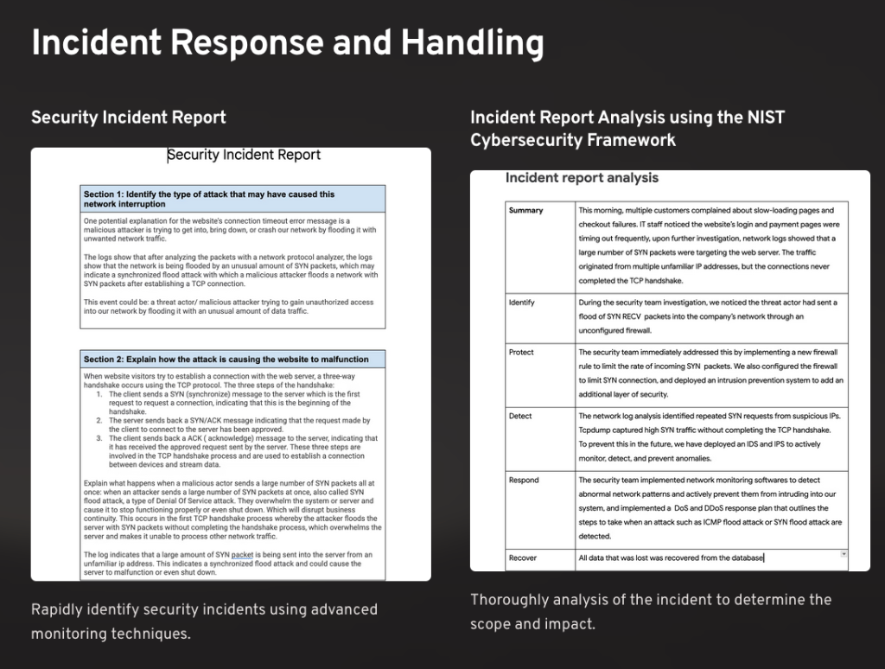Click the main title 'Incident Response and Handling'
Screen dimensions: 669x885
287,43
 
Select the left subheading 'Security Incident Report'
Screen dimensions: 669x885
128,118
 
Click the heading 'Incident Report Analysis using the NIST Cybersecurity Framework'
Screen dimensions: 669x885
627,128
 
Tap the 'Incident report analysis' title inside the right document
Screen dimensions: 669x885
582,178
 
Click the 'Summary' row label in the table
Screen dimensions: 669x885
525,210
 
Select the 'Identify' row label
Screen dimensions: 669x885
522,303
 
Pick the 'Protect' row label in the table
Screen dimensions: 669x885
521,353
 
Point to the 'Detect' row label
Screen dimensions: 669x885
520,416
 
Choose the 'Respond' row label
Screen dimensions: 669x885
524,480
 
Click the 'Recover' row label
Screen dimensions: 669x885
523,557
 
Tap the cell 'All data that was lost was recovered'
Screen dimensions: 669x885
671,557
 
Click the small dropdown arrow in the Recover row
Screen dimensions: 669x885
844,553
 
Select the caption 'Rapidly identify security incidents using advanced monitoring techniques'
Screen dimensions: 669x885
204,621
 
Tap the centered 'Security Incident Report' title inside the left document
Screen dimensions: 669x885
244,156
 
